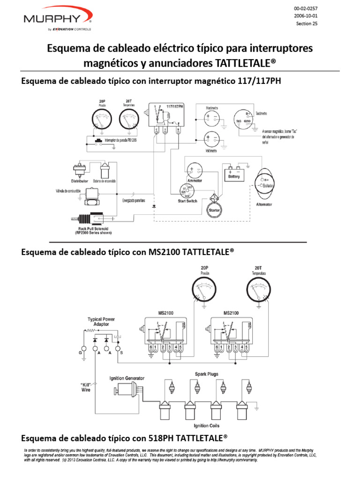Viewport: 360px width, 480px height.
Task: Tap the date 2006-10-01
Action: coord(308,16)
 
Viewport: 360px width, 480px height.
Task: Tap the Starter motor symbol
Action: coord(214,209)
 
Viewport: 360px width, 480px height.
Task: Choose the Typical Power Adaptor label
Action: coord(101,322)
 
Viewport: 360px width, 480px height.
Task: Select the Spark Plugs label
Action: coord(207,374)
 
